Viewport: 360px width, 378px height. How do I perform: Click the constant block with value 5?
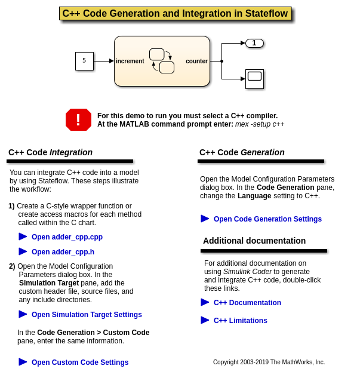(84, 61)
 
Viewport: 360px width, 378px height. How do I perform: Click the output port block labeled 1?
(254, 43)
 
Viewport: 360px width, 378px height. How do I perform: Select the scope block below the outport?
(254, 79)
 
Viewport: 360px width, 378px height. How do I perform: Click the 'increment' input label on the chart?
(130, 61)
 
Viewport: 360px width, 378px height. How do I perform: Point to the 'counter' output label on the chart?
(196, 61)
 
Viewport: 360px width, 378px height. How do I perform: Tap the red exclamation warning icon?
(78, 119)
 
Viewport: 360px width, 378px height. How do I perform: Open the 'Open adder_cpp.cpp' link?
(67, 237)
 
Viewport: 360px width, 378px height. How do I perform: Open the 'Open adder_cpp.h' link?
(63, 252)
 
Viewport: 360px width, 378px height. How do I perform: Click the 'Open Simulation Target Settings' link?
(87, 315)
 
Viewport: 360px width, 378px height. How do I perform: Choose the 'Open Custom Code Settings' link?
(80, 362)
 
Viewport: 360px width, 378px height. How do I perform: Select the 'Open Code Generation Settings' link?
(267, 219)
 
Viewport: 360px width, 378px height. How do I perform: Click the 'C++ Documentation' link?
(247, 303)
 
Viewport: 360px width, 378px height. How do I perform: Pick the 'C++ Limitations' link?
(241, 321)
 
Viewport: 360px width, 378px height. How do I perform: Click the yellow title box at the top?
(175, 14)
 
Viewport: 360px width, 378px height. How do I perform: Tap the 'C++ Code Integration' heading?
(50, 152)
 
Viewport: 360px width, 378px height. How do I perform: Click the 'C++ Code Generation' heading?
(242, 152)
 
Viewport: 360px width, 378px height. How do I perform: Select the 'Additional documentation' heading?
(254, 241)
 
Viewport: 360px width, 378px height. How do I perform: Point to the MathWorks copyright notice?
(269, 362)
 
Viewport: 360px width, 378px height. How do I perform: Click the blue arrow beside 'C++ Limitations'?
(205, 320)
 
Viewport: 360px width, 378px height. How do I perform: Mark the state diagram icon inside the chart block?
(162, 61)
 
